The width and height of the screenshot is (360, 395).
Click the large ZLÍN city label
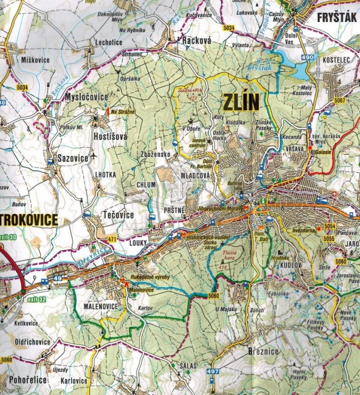point(242,102)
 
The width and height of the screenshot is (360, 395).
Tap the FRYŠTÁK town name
point(337,18)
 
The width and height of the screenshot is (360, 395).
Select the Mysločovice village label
point(86,97)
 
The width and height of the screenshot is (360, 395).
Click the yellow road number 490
point(308,57)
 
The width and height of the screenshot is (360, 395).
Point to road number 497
point(213,372)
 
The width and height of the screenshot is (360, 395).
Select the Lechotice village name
point(109,42)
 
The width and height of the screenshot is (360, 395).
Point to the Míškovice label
point(36,60)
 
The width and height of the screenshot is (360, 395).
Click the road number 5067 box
point(339,100)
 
